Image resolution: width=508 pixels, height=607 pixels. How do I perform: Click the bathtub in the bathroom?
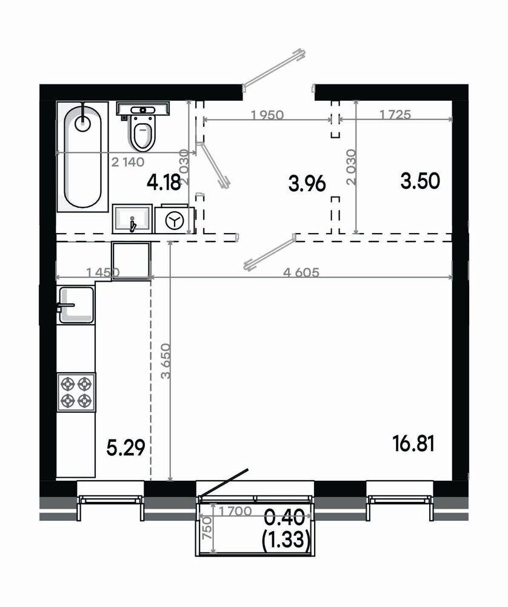(x=82, y=157)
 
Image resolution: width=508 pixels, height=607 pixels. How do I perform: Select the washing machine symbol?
(x=175, y=220)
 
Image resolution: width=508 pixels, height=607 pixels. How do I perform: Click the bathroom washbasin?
(x=132, y=219)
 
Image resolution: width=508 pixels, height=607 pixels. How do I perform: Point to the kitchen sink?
(x=76, y=305)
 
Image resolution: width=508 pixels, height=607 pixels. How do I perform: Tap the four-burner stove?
(x=76, y=392)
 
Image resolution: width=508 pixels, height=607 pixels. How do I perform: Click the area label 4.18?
(x=164, y=182)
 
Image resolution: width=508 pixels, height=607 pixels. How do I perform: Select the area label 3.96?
(x=307, y=183)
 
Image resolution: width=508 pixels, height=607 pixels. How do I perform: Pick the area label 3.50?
(x=420, y=181)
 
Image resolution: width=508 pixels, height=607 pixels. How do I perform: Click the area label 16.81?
(x=413, y=444)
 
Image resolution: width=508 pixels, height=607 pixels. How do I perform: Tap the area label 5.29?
(x=125, y=448)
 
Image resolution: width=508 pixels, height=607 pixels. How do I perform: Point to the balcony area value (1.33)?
(x=286, y=538)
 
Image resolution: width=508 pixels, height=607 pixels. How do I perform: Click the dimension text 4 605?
(x=301, y=273)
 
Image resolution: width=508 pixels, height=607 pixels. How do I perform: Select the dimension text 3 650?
(x=166, y=361)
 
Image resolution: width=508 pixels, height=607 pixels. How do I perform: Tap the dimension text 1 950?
(x=267, y=115)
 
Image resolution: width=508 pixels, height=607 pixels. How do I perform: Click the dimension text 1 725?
(x=395, y=115)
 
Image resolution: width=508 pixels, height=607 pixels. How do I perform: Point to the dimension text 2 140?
(x=127, y=162)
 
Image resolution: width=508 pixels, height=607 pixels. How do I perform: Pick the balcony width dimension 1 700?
(x=235, y=511)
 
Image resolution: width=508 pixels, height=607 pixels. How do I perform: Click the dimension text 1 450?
(x=103, y=273)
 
